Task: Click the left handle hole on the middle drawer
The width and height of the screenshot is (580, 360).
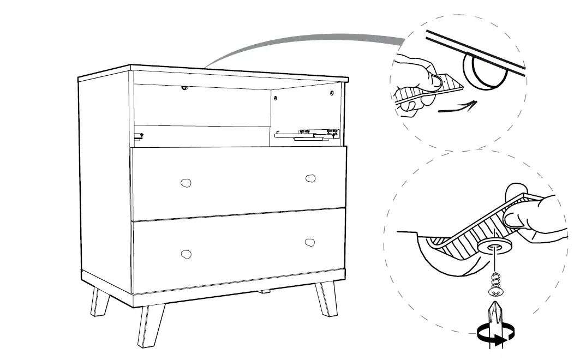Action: point(186,182)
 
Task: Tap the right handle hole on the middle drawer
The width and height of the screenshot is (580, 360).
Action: point(310,178)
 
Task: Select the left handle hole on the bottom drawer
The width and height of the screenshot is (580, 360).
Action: point(186,253)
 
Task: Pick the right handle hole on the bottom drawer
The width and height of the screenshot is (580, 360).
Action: point(310,242)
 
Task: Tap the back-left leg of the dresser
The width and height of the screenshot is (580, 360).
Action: point(100,302)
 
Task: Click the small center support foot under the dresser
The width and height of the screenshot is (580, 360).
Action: point(265,290)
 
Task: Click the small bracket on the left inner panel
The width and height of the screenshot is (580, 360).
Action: point(140,135)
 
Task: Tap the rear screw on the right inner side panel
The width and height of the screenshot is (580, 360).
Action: point(276,98)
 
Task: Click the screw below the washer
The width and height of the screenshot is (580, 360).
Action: point(495,283)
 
